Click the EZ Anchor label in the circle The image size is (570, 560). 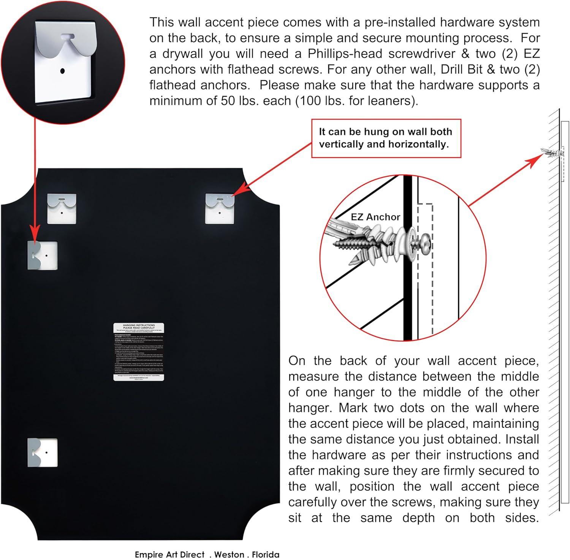pos(375,217)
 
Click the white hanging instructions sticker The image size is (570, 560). pos(139,352)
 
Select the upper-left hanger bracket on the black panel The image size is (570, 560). pos(62,208)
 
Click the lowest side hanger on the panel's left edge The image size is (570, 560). pos(42,452)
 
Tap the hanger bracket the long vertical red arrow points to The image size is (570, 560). pos(42,255)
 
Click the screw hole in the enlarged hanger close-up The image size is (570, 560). pos(63,71)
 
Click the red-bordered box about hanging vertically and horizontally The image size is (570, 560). pos(386,138)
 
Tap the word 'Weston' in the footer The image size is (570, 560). pos(230,554)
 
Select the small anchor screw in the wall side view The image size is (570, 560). pos(553,153)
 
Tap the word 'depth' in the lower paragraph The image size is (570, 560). pos(416,518)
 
